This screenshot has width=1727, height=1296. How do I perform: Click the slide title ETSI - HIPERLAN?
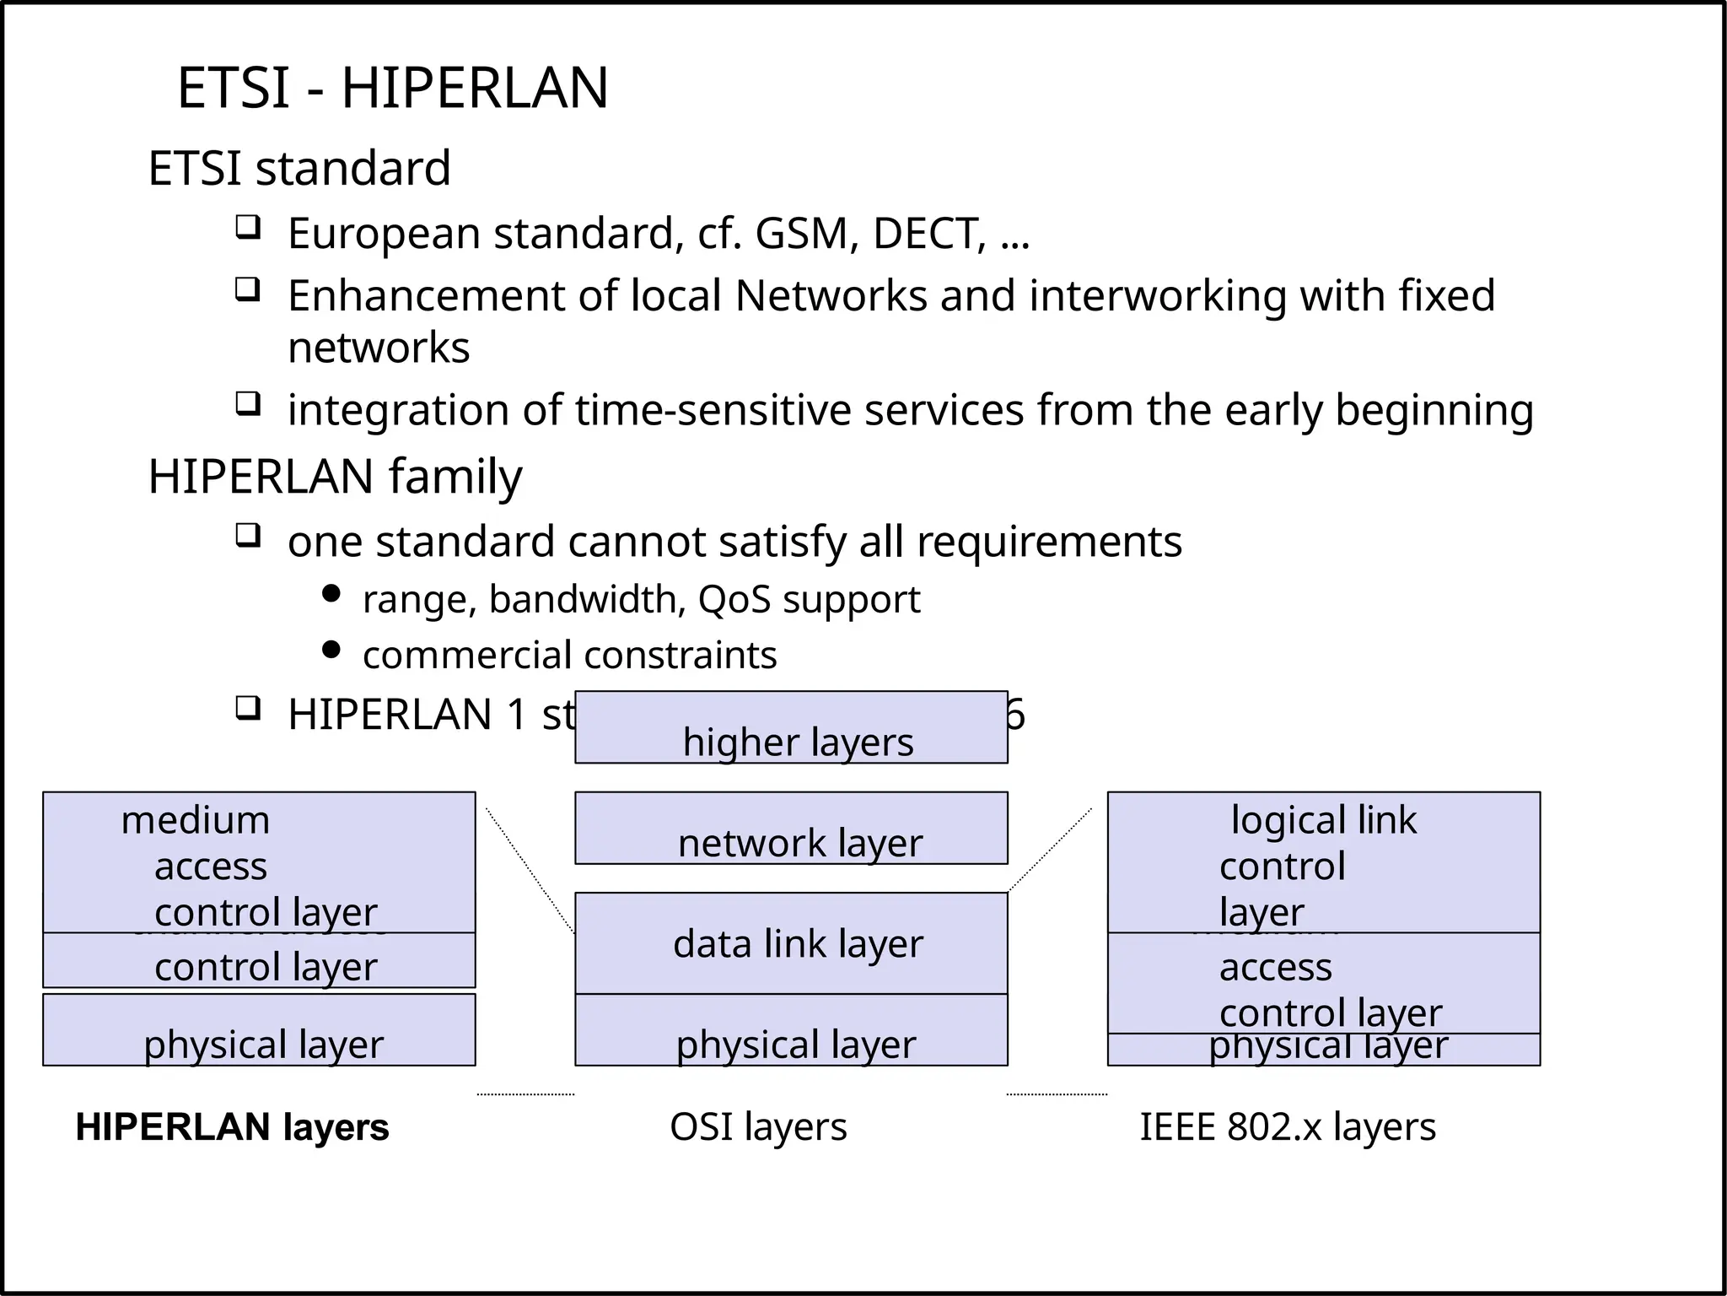392,88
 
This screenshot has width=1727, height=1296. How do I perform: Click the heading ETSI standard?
299,168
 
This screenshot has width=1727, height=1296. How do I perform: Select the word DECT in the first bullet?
928,234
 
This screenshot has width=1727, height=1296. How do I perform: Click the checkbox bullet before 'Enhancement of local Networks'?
247,290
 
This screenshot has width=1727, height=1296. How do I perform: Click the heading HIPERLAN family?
335,477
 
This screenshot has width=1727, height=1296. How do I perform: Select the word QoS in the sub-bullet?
734,600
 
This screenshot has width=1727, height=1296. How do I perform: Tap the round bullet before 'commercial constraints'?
331,650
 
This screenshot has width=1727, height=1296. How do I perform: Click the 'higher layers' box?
791,728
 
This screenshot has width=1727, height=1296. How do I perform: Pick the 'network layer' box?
791,829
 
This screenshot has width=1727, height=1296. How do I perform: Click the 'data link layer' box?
791,943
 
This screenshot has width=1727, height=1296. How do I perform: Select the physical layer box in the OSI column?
791,1031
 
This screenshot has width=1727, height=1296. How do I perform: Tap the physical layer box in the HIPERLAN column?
259,1031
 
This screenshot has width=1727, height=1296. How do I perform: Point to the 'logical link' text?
1323,820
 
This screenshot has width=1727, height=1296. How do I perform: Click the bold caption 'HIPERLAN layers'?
232,1127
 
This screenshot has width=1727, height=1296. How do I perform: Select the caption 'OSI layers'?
758,1127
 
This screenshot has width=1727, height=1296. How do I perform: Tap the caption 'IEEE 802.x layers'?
1287,1127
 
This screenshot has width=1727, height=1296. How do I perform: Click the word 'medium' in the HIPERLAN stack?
196,820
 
